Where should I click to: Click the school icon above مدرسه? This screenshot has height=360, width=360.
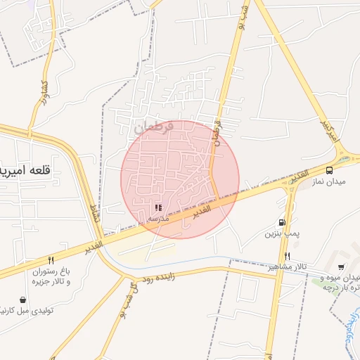click(x=158, y=208)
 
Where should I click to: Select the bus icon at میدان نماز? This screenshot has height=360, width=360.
click(x=329, y=170)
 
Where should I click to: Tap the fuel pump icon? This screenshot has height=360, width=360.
click(x=282, y=222)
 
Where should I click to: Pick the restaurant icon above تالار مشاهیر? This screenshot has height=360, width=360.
click(x=287, y=256)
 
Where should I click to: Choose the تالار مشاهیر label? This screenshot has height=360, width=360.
click(x=287, y=267)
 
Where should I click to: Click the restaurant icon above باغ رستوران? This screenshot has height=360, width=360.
click(x=51, y=260)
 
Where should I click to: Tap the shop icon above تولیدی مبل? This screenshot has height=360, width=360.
click(x=23, y=300)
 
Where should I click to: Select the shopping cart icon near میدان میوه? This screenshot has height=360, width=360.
click(x=341, y=266)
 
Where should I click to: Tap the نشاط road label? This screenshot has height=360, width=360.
click(x=94, y=217)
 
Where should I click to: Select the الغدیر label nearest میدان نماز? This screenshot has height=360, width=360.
click(x=298, y=174)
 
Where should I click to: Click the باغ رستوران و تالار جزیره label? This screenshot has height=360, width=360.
click(x=51, y=276)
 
